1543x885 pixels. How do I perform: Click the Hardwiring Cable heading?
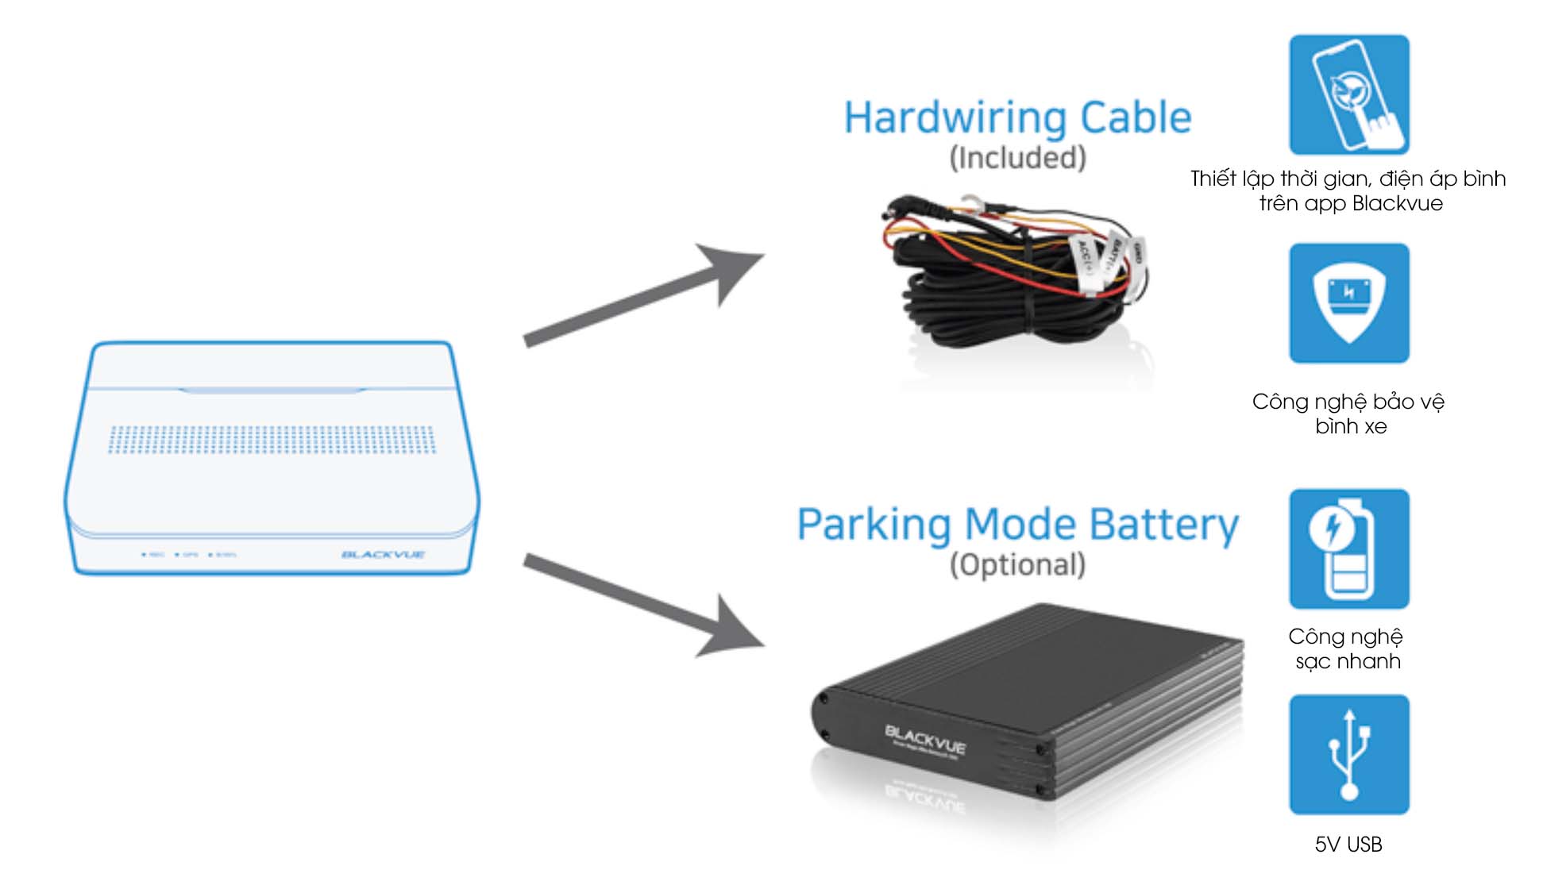[1017, 118]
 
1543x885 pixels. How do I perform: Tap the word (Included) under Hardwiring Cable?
[1017, 158]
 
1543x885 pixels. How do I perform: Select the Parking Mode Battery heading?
[1017, 525]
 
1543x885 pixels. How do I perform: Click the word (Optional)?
[1017, 565]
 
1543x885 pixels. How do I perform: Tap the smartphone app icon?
[1348, 94]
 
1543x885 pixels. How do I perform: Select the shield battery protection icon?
[1348, 303]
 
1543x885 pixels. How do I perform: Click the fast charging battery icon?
[1348, 548]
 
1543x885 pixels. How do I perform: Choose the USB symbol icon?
[1348, 754]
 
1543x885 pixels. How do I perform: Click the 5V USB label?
[1348, 845]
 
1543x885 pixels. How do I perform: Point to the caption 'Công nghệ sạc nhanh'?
[1347, 648]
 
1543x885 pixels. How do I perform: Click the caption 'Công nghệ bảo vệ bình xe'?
[1348, 414]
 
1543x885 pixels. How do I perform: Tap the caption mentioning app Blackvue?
[1348, 190]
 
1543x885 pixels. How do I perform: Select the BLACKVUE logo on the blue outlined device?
[383, 554]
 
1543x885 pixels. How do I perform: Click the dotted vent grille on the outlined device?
[272, 440]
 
